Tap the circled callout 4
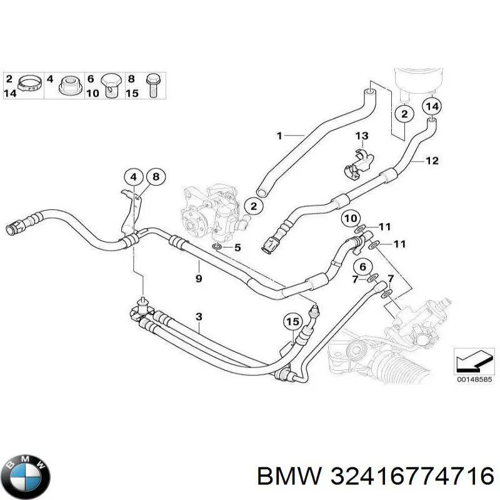134,177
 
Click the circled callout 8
156,177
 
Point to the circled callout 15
292,322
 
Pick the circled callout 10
351,219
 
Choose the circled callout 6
362,267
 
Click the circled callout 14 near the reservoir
432,106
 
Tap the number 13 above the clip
362,136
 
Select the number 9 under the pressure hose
199,279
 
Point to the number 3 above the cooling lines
199,317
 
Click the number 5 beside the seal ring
237,247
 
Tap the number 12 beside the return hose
432,161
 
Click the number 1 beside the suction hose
279,136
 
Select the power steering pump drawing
214,213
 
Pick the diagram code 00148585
474,379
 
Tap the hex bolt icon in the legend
153,85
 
